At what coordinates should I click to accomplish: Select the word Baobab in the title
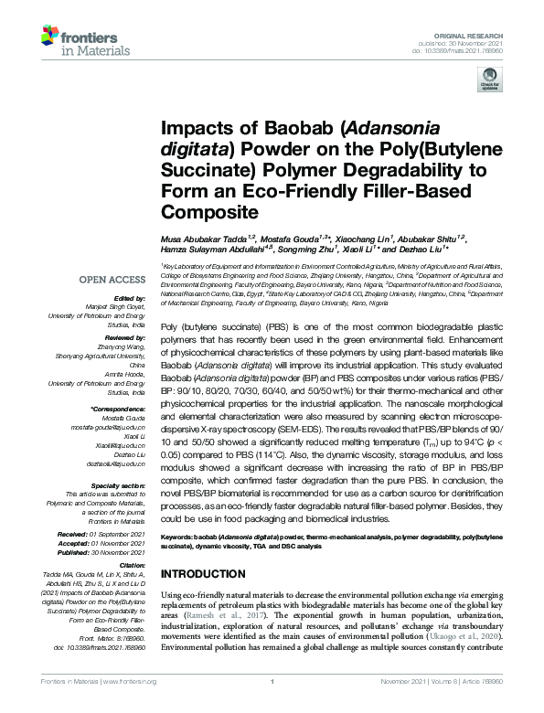[253, 131]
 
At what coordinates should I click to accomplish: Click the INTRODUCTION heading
[204, 574]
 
